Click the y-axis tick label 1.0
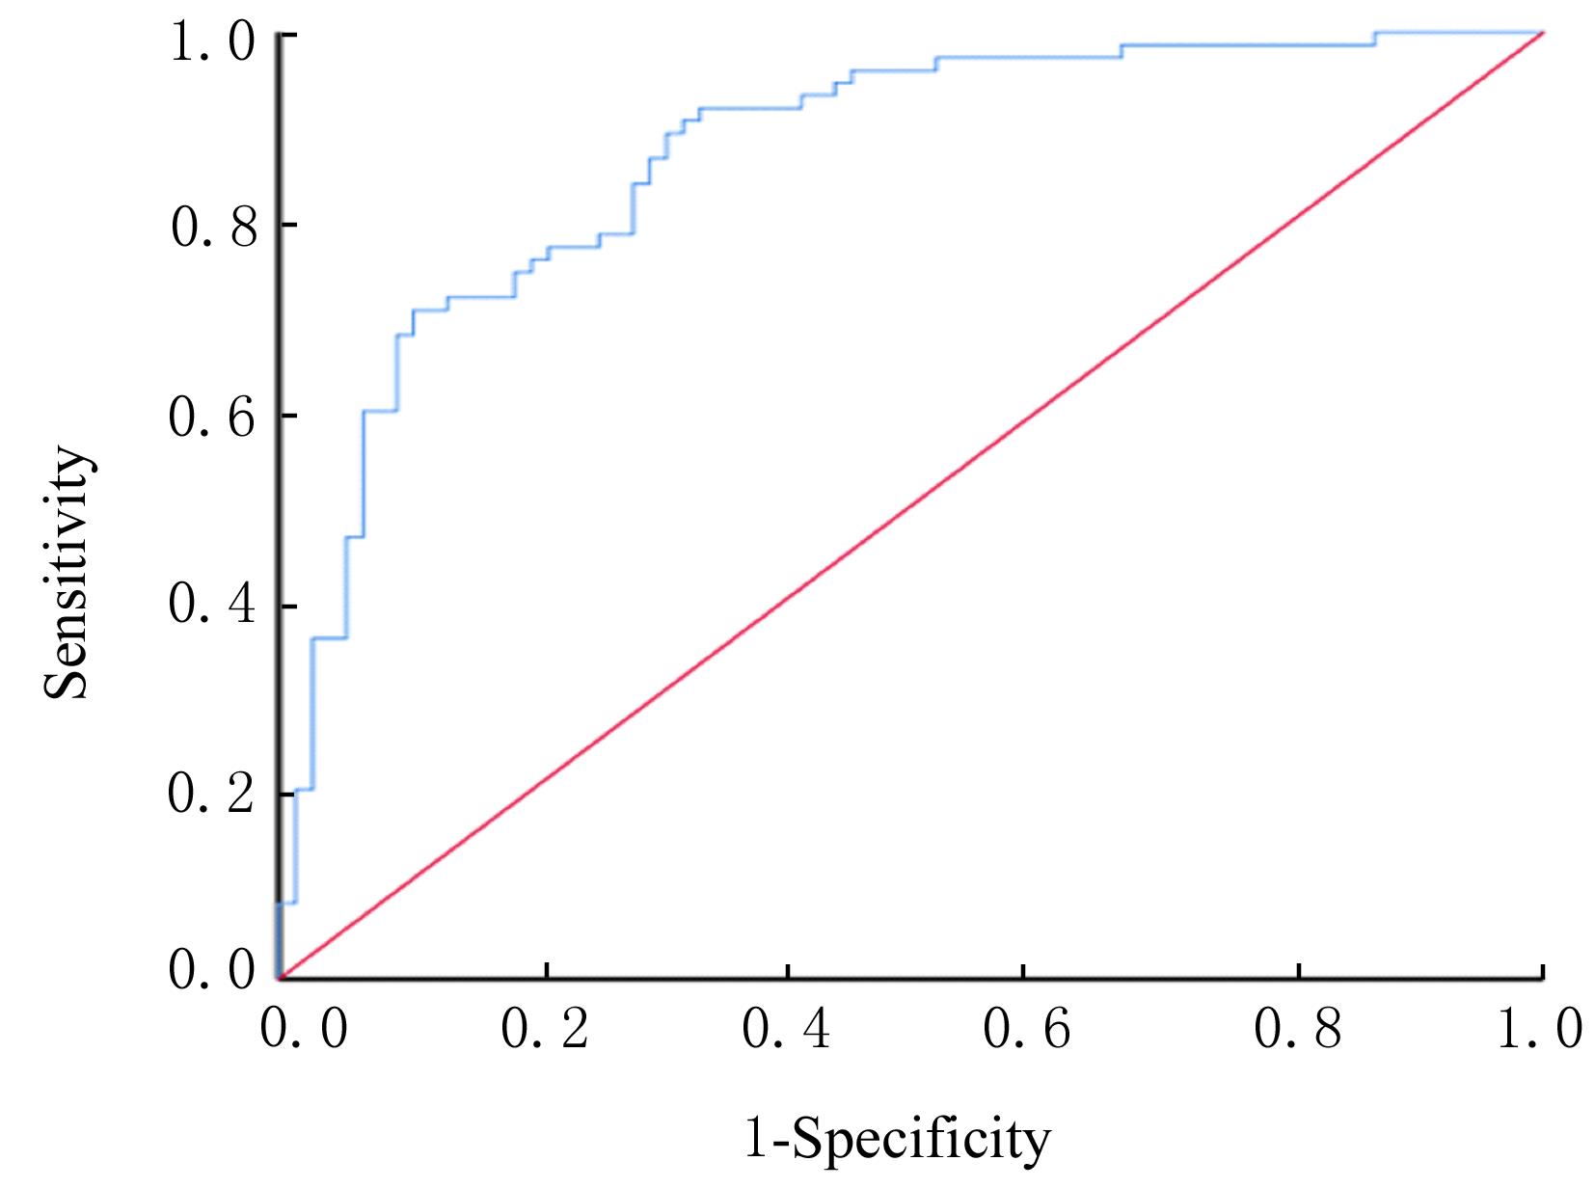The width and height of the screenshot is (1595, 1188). [x=213, y=42]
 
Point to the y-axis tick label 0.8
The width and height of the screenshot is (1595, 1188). [x=213, y=230]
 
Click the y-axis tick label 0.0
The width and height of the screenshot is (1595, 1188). [x=213, y=972]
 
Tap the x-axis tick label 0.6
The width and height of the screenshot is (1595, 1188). [x=1027, y=1030]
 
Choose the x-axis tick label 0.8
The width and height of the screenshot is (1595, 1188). [x=1299, y=1030]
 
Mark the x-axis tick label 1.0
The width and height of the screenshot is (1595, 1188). [x=1540, y=1030]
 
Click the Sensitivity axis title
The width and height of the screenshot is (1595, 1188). [x=69, y=571]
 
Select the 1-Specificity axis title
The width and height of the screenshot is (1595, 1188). [x=895, y=1140]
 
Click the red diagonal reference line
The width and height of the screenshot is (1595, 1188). [x=911, y=506]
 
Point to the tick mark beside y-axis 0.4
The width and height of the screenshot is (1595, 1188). [x=286, y=607]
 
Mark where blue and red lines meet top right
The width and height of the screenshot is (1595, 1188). [x=1543, y=33]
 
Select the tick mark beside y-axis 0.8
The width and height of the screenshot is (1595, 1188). [x=286, y=225]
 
